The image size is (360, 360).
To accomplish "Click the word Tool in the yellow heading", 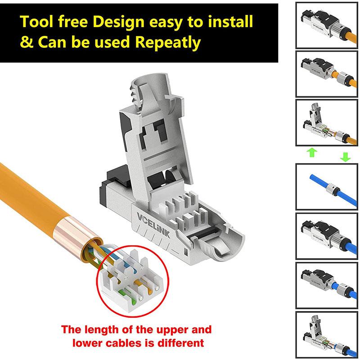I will (38, 22).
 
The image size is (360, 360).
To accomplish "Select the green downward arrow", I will (346, 156).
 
